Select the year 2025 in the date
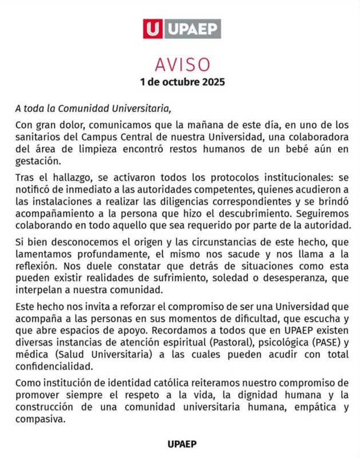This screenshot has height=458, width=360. coord(212,81)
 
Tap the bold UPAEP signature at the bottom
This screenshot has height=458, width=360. coord(183,443)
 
